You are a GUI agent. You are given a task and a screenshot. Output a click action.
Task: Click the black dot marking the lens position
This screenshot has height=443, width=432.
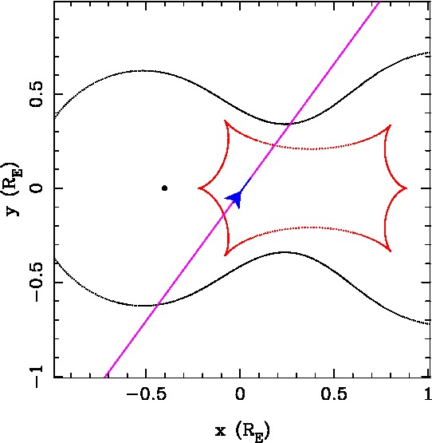(x=164, y=188)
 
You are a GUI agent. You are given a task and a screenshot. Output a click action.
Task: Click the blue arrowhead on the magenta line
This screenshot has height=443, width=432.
(x=236, y=198)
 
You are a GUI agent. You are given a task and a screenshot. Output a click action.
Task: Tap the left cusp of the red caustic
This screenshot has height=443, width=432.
(x=198, y=188)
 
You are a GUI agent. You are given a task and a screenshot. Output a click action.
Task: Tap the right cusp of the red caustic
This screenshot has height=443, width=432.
(x=406, y=188)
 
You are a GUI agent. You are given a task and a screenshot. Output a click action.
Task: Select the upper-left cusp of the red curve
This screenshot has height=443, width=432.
(x=225, y=121)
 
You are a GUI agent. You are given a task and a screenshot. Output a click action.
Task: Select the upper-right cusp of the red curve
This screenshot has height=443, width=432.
(x=391, y=125)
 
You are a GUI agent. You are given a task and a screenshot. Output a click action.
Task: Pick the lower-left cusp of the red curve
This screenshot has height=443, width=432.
(x=225, y=255)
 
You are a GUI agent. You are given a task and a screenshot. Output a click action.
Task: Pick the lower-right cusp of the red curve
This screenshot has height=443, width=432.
(x=391, y=251)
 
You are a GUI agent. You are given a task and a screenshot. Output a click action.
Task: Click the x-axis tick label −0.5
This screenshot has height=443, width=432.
(x=146, y=394)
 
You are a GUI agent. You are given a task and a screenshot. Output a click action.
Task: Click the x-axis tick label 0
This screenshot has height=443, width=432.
(x=240, y=394)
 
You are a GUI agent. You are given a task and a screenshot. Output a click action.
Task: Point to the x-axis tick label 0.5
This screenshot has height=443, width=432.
(x=334, y=394)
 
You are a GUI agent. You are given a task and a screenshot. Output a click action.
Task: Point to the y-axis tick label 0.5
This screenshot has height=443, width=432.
(x=36, y=94)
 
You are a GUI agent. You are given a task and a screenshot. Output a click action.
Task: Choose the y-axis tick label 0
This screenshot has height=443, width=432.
(x=36, y=188)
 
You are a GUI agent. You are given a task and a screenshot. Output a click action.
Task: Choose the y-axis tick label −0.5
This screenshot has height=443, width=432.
(x=36, y=283)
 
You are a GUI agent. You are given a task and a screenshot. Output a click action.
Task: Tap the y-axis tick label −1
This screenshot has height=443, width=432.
(x=36, y=377)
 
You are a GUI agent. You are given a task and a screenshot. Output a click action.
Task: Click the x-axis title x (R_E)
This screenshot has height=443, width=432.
(x=242, y=432)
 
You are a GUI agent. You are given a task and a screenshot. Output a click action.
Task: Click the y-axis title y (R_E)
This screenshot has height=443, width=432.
(x=14, y=189)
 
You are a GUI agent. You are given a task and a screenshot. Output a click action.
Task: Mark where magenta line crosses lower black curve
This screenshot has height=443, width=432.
(x=158, y=304)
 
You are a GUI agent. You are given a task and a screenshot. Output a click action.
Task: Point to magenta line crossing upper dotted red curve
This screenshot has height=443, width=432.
(x=274, y=145)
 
